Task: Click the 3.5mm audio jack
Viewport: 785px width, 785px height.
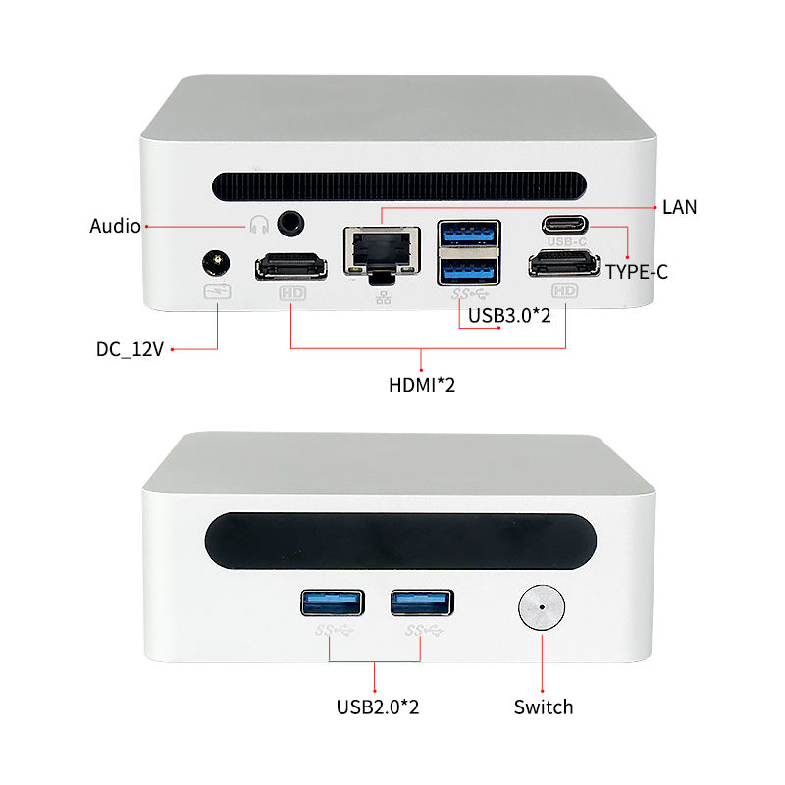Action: (289, 224)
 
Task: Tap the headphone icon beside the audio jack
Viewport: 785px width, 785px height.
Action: (259, 225)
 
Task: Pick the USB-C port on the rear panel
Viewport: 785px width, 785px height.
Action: (566, 224)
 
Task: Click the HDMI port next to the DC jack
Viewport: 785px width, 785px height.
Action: (291, 266)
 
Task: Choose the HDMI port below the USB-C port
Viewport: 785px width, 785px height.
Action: (564, 264)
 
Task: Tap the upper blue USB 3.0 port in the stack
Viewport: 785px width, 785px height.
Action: (468, 234)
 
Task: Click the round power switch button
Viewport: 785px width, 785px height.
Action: (541, 607)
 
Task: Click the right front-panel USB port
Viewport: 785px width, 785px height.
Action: (422, 602)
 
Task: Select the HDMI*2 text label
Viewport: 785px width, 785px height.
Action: (422, 385)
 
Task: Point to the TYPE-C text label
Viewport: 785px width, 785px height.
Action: (636, 272)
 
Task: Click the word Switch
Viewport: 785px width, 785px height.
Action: (543, 706)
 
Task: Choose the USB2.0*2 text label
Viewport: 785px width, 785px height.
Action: (378, 706)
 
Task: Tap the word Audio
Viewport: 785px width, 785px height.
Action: (115, 226)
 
